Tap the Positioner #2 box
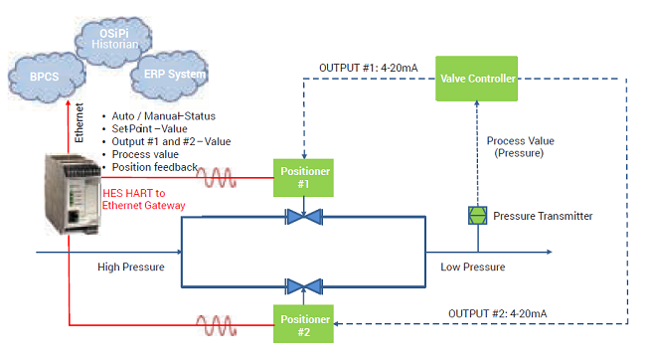click(x=302, y=323)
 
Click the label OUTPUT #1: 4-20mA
click(x=369, y=68)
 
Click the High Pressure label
click(x=129, y=267)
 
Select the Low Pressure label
click(x=473, y=267)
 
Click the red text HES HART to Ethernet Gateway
click(x=141, y=202)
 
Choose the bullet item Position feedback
click(x=154, y=167)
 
